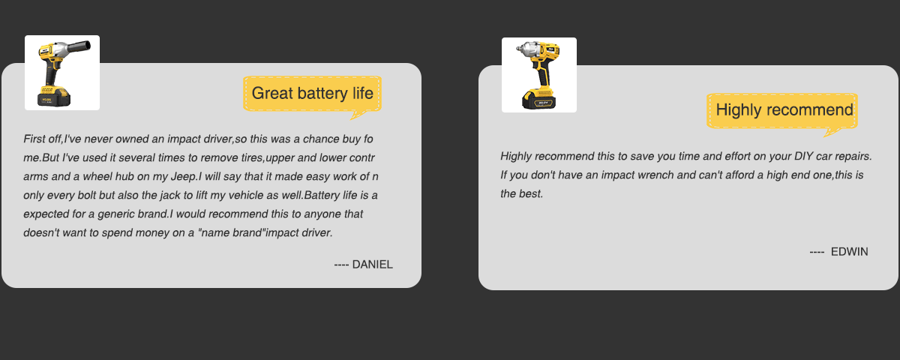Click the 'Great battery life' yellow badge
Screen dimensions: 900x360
point(312,94)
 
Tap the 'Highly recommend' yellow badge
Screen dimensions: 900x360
point(782,110)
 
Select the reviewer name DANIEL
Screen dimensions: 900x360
point(373,264)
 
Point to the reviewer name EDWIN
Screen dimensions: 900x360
point(849,251)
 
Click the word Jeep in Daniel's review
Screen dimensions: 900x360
point(183,177)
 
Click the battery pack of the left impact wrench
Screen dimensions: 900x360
point(54,97)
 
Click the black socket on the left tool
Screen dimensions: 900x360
point(80,46)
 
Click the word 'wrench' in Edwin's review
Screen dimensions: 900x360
point(657,175)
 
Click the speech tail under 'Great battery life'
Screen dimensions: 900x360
point(358,115)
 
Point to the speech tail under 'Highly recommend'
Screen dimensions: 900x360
point(831,132)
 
